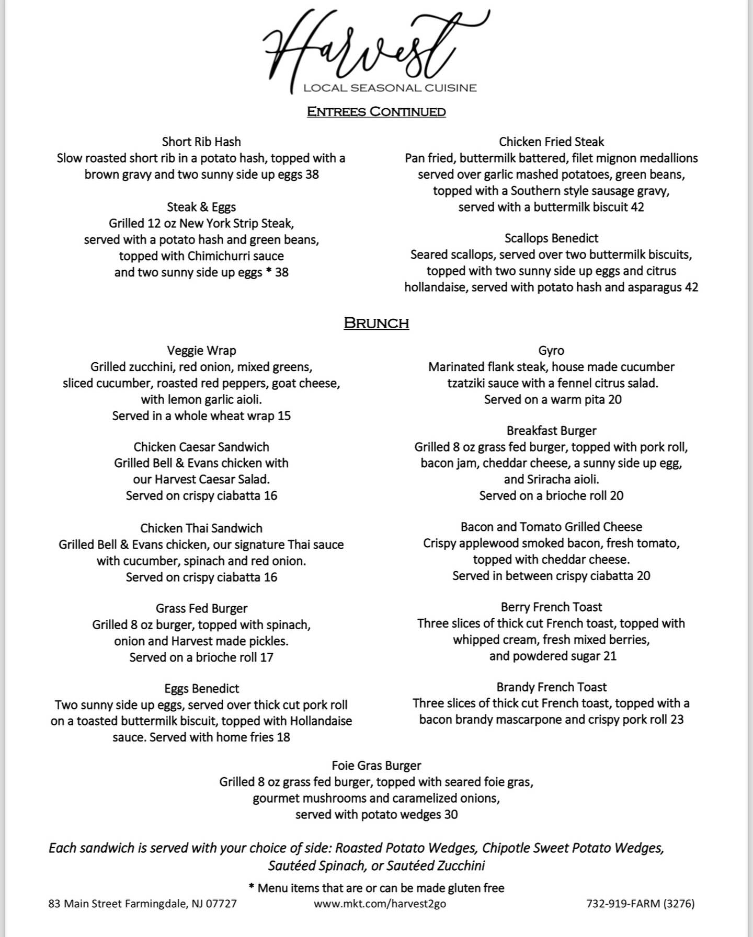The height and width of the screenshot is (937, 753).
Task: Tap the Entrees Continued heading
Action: pos(376,111)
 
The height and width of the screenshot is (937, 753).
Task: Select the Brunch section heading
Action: pos(376,323)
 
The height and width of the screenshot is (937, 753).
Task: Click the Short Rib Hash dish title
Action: pos(201,142)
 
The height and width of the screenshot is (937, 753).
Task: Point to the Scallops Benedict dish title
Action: pos(551,238)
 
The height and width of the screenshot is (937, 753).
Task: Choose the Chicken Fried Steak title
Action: pos(551,142)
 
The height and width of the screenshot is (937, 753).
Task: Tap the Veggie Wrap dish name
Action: pos(201,351)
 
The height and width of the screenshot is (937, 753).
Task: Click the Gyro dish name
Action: pos(551,351)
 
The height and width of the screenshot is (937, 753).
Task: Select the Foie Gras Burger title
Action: pos(376,766)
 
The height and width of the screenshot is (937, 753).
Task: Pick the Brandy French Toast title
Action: pos(551,687)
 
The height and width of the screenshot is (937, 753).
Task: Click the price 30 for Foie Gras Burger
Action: pos(451,814)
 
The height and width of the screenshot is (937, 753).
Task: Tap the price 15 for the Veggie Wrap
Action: pos(284,416)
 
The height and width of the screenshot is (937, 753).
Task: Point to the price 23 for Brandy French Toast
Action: pos(677,720)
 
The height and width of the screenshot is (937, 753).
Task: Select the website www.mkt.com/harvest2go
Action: pos(380,904)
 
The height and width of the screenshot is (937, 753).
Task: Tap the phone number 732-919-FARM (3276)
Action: pos(641,904)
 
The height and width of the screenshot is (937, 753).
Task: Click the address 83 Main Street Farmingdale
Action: pos(142,904)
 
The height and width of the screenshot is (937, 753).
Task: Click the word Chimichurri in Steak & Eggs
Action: pos(216,256)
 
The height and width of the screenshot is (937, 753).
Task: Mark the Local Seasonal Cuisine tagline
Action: pos(390,88)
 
